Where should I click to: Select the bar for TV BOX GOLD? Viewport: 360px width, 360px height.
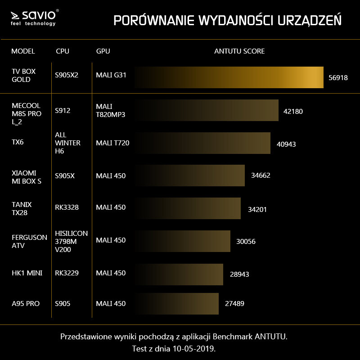(229, 77)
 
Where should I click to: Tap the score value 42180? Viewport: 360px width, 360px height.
(293, 111)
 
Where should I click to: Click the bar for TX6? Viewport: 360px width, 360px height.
(202, 143)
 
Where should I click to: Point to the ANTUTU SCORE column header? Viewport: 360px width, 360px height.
(239, 51)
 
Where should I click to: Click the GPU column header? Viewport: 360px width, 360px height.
(103, 51)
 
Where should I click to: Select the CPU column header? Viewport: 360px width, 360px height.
(63, 51)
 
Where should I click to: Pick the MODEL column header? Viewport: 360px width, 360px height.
(23, 51)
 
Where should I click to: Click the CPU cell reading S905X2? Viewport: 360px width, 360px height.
(67, 75)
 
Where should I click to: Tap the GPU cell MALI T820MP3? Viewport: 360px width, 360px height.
(110, 111)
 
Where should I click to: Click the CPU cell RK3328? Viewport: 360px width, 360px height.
(67, 207)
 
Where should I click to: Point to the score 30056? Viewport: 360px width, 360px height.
(246, 242)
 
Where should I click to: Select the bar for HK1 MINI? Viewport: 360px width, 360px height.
(179, 274)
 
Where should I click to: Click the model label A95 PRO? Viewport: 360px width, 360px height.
(26, 304)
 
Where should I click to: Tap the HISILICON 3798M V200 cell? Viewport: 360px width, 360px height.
(71, 241)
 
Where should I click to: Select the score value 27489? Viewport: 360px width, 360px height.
(234, 304)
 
